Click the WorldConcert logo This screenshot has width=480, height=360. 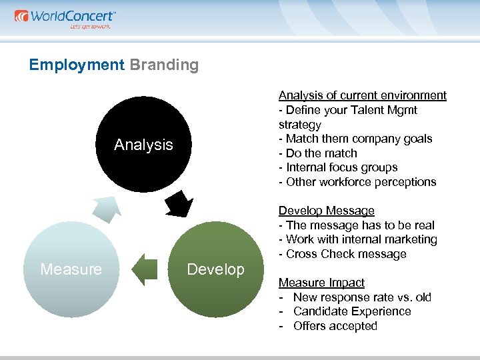pyautogui.click(x=65, y=17)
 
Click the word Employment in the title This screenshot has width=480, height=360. pyautogui.click(x=77, y=65)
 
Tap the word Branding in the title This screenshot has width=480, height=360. pyautogui.click(x=164, y=65)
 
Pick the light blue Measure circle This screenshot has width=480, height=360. pyautogui.click(x=71, y=269)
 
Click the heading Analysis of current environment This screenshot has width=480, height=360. pyautogui.click(x=362, y=95)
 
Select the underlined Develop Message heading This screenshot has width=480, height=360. pyautogui.click(x=326, y=211)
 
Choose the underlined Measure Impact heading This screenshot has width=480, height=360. pyautogui.click(x=321, y=283)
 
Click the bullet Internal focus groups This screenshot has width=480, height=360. pyautogui.click(x=341, y=167)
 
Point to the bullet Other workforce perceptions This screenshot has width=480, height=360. pyautogui.click(x=357, y=182)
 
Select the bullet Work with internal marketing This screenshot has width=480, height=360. pyautogui.click(x=357, y=239)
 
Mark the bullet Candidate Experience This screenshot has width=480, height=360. pyautogui.click(x=352, y=311)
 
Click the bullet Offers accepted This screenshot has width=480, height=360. pyautogui.click(x=335, y=326)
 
